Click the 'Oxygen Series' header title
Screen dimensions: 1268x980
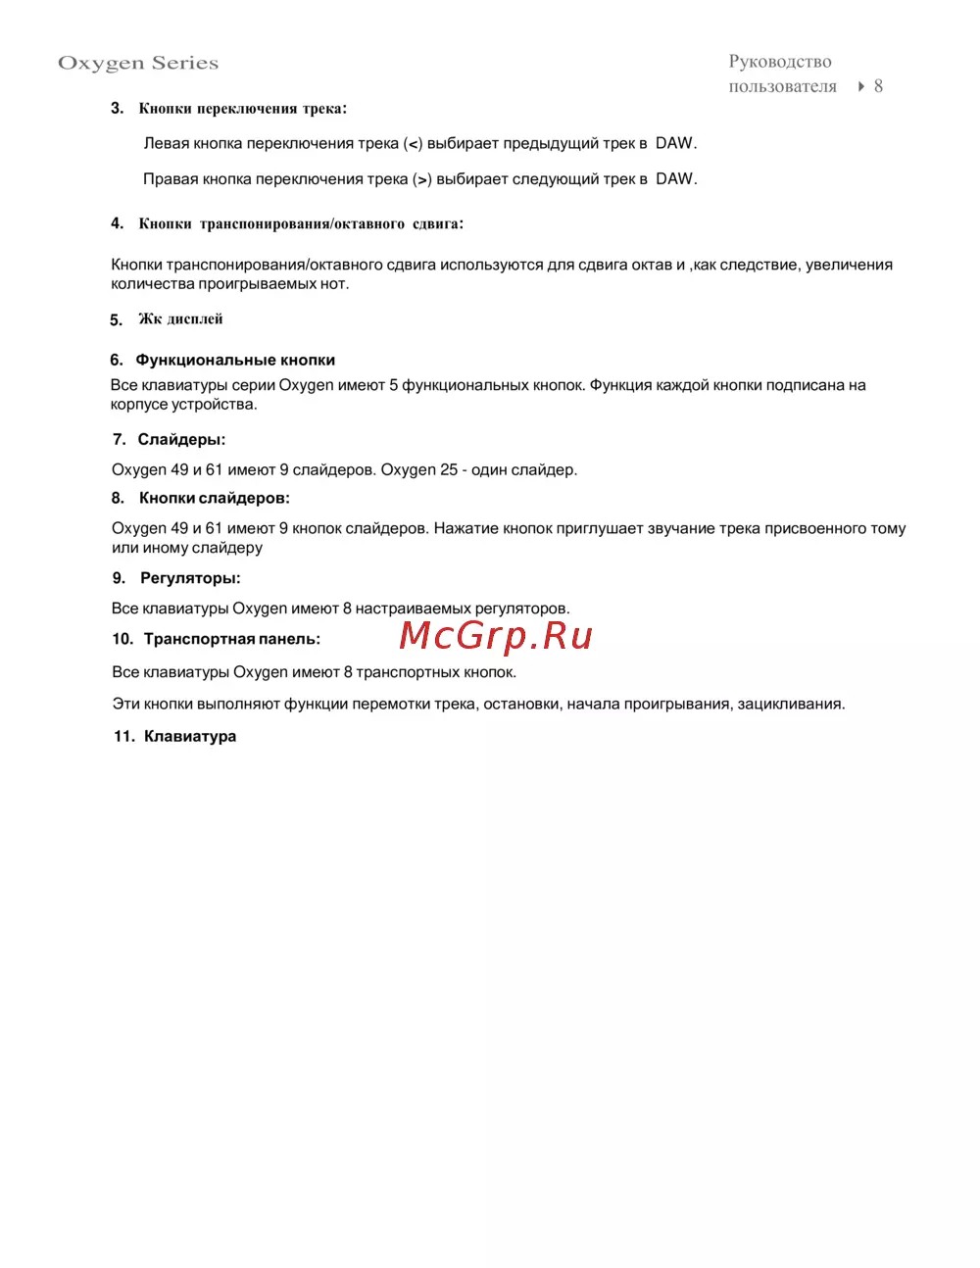[x=138, y=63]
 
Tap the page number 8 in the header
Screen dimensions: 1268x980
[x=878, y=86]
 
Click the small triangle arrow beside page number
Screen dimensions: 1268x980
[x=860, y=86]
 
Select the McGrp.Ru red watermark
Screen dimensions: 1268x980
[x=496, y=636]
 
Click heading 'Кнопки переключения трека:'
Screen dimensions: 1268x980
[x=242, y=109]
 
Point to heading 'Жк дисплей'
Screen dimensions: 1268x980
[x=180, y=319]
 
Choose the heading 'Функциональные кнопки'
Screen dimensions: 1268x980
[x=235, y=360]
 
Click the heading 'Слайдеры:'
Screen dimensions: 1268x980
[x=181, y=439]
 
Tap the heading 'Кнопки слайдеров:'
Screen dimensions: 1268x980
[x=214, y=498]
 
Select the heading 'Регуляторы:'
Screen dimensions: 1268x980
[x=190, y=578]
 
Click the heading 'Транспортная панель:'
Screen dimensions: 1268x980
[x=231, y=639]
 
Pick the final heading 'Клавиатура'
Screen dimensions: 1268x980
[x=190, y=736]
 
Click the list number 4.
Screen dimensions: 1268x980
[x=117, y=223]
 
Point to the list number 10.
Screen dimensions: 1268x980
[x=122, y=639]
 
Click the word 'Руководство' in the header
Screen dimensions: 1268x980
[x=780, y=62]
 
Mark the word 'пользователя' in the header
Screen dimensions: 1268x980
[x=782, y=86]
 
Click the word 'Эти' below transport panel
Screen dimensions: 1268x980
[x=125, y=704]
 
